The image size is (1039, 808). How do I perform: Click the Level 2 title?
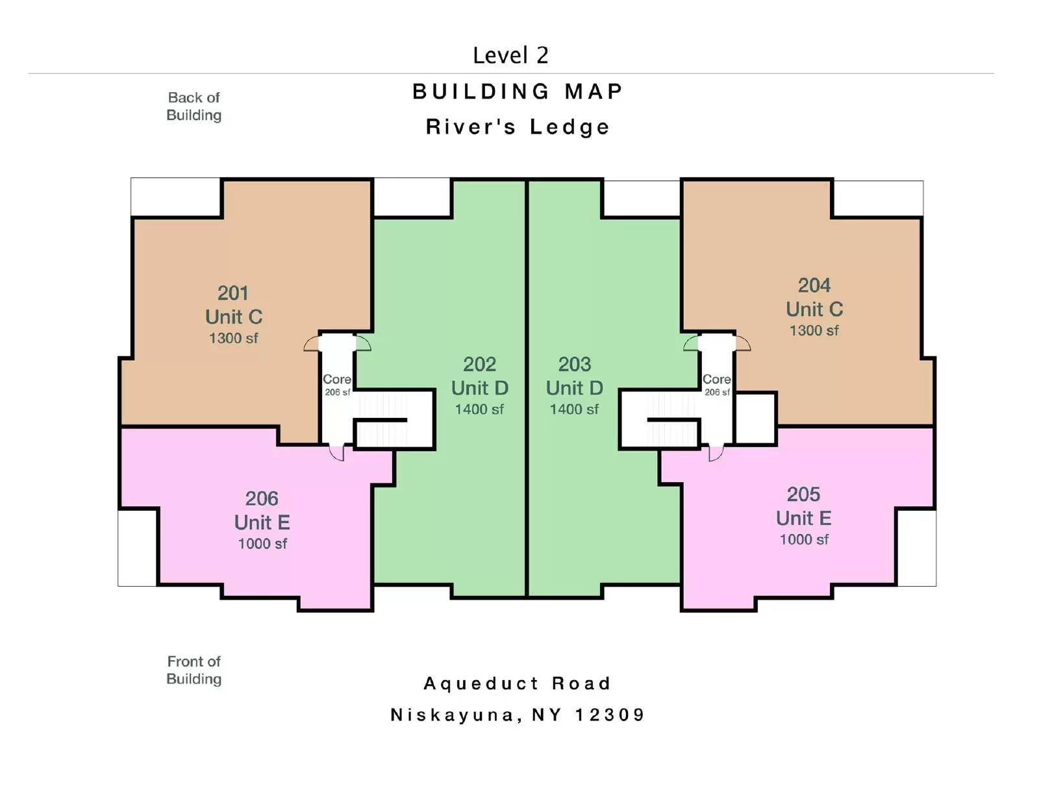[x=510, y=55]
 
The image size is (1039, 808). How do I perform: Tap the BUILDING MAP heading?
[x=518, y=92]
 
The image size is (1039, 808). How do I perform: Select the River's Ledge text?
[x=518, y=127]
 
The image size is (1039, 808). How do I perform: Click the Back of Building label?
[x=194, y=106]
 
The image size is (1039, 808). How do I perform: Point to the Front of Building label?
[x=194, y=670]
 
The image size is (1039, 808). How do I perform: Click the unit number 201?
[x=233, y=293]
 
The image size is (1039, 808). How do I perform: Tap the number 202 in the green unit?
[x=479, y=364]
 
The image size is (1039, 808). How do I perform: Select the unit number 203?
[x=575, y=364]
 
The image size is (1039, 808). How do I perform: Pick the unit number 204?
[x=814, y=286]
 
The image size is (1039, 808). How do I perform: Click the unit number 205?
[x=803, y=495]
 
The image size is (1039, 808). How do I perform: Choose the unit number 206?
[x=262, y=498]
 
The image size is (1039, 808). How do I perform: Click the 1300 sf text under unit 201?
[x=233, y=338]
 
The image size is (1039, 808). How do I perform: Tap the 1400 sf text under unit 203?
[x=574, y=410]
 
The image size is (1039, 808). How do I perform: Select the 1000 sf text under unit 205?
[x=804, y=539]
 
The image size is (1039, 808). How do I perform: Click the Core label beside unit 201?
[x=337, y=379]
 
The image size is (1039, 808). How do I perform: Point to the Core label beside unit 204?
[x=716, y=379]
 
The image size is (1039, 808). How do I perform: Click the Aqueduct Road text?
[x=518, y=683]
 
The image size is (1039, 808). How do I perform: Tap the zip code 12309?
[x=610, y=715]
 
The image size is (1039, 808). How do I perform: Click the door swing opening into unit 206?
[x=337, y=452]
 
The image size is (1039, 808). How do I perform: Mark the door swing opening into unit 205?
[x=715, y=453]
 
